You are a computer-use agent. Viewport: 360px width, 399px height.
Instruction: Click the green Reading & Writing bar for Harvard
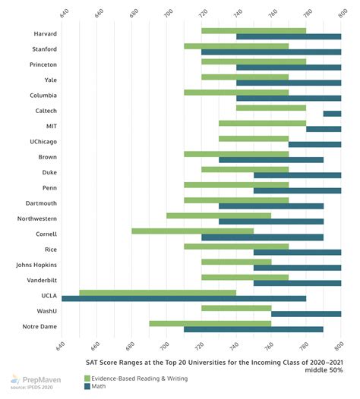click(x=254, y=30)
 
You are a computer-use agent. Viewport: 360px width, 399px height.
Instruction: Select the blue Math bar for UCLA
click(x=184, y=298)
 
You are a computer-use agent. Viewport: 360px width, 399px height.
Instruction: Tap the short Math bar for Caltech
click(x=332, y=114)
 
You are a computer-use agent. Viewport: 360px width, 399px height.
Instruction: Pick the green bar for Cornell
click(x=192, y=231)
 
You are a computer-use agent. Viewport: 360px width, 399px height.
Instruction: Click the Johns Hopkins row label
click(x=35, y=265)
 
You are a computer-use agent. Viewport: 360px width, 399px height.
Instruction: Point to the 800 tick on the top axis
click(x=340, y=13)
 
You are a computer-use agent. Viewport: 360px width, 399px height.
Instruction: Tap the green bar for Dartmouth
click(x=236, y=200)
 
